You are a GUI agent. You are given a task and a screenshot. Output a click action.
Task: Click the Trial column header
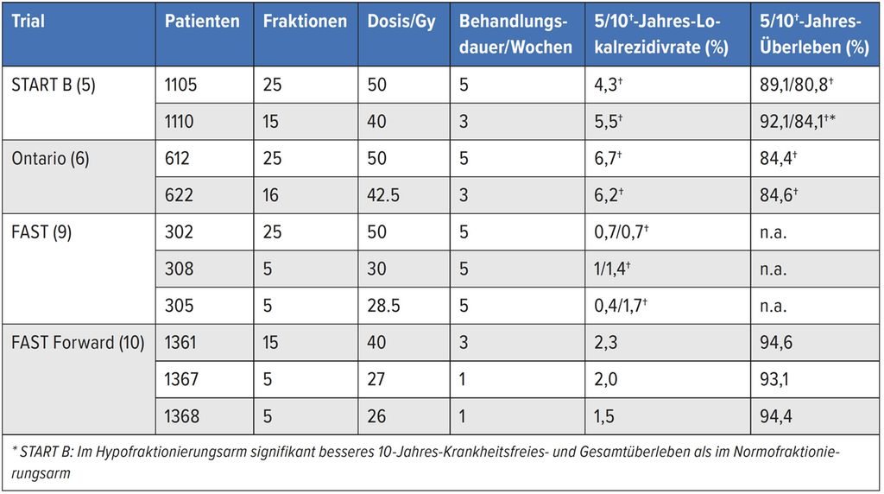pos(28,21)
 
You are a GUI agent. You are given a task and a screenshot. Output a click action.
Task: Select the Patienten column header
pos(202,21)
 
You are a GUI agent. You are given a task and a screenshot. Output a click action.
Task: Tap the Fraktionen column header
pos(305,21)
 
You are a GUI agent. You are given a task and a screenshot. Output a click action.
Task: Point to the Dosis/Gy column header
pos(401,21)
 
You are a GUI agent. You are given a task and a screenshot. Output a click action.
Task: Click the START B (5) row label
pos(53,85)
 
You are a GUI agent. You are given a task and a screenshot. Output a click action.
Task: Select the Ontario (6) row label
pos(50,159)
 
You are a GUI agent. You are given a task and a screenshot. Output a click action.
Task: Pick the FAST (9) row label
pos(41,232)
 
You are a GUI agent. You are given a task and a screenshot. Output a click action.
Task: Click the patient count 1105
pos(181,85)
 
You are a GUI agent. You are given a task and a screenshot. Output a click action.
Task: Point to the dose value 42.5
pos(383,195)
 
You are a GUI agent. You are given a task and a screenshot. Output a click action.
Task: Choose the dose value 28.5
pos(383,306)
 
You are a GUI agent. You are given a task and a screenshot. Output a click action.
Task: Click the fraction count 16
pos(271,195)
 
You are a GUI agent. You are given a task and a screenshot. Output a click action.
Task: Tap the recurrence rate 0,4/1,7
pos(621,306)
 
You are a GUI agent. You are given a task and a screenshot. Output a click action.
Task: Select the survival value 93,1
pos(773,380)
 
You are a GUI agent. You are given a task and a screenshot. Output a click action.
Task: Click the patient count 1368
pos(182,417)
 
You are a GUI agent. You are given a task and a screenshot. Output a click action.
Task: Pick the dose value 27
pos(376,380)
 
